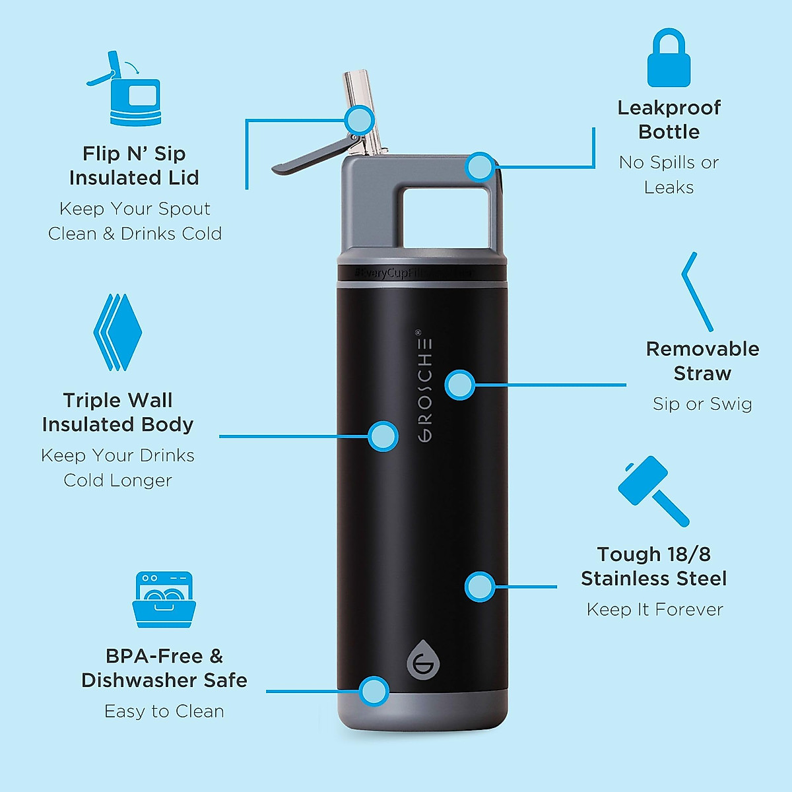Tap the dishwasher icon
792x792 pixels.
[x=164, y=599]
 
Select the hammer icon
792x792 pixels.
[x=651, y=490]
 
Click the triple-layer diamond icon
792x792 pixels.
[x=117, y=333]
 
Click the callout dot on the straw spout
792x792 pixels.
[x=360, y=120]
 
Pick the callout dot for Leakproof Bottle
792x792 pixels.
[x=479, y=167]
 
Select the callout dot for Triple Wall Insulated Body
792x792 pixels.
[x=383, y=436]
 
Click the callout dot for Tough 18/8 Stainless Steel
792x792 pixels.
[x=480, y=586]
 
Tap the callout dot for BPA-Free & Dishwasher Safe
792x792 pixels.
[x=374, y=691]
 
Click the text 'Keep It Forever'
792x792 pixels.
[x=655, y=609]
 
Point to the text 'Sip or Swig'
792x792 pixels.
[x=702, y=404]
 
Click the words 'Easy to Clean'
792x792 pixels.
[x=164, y=711]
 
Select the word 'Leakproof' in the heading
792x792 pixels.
[x=669, y=108]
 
